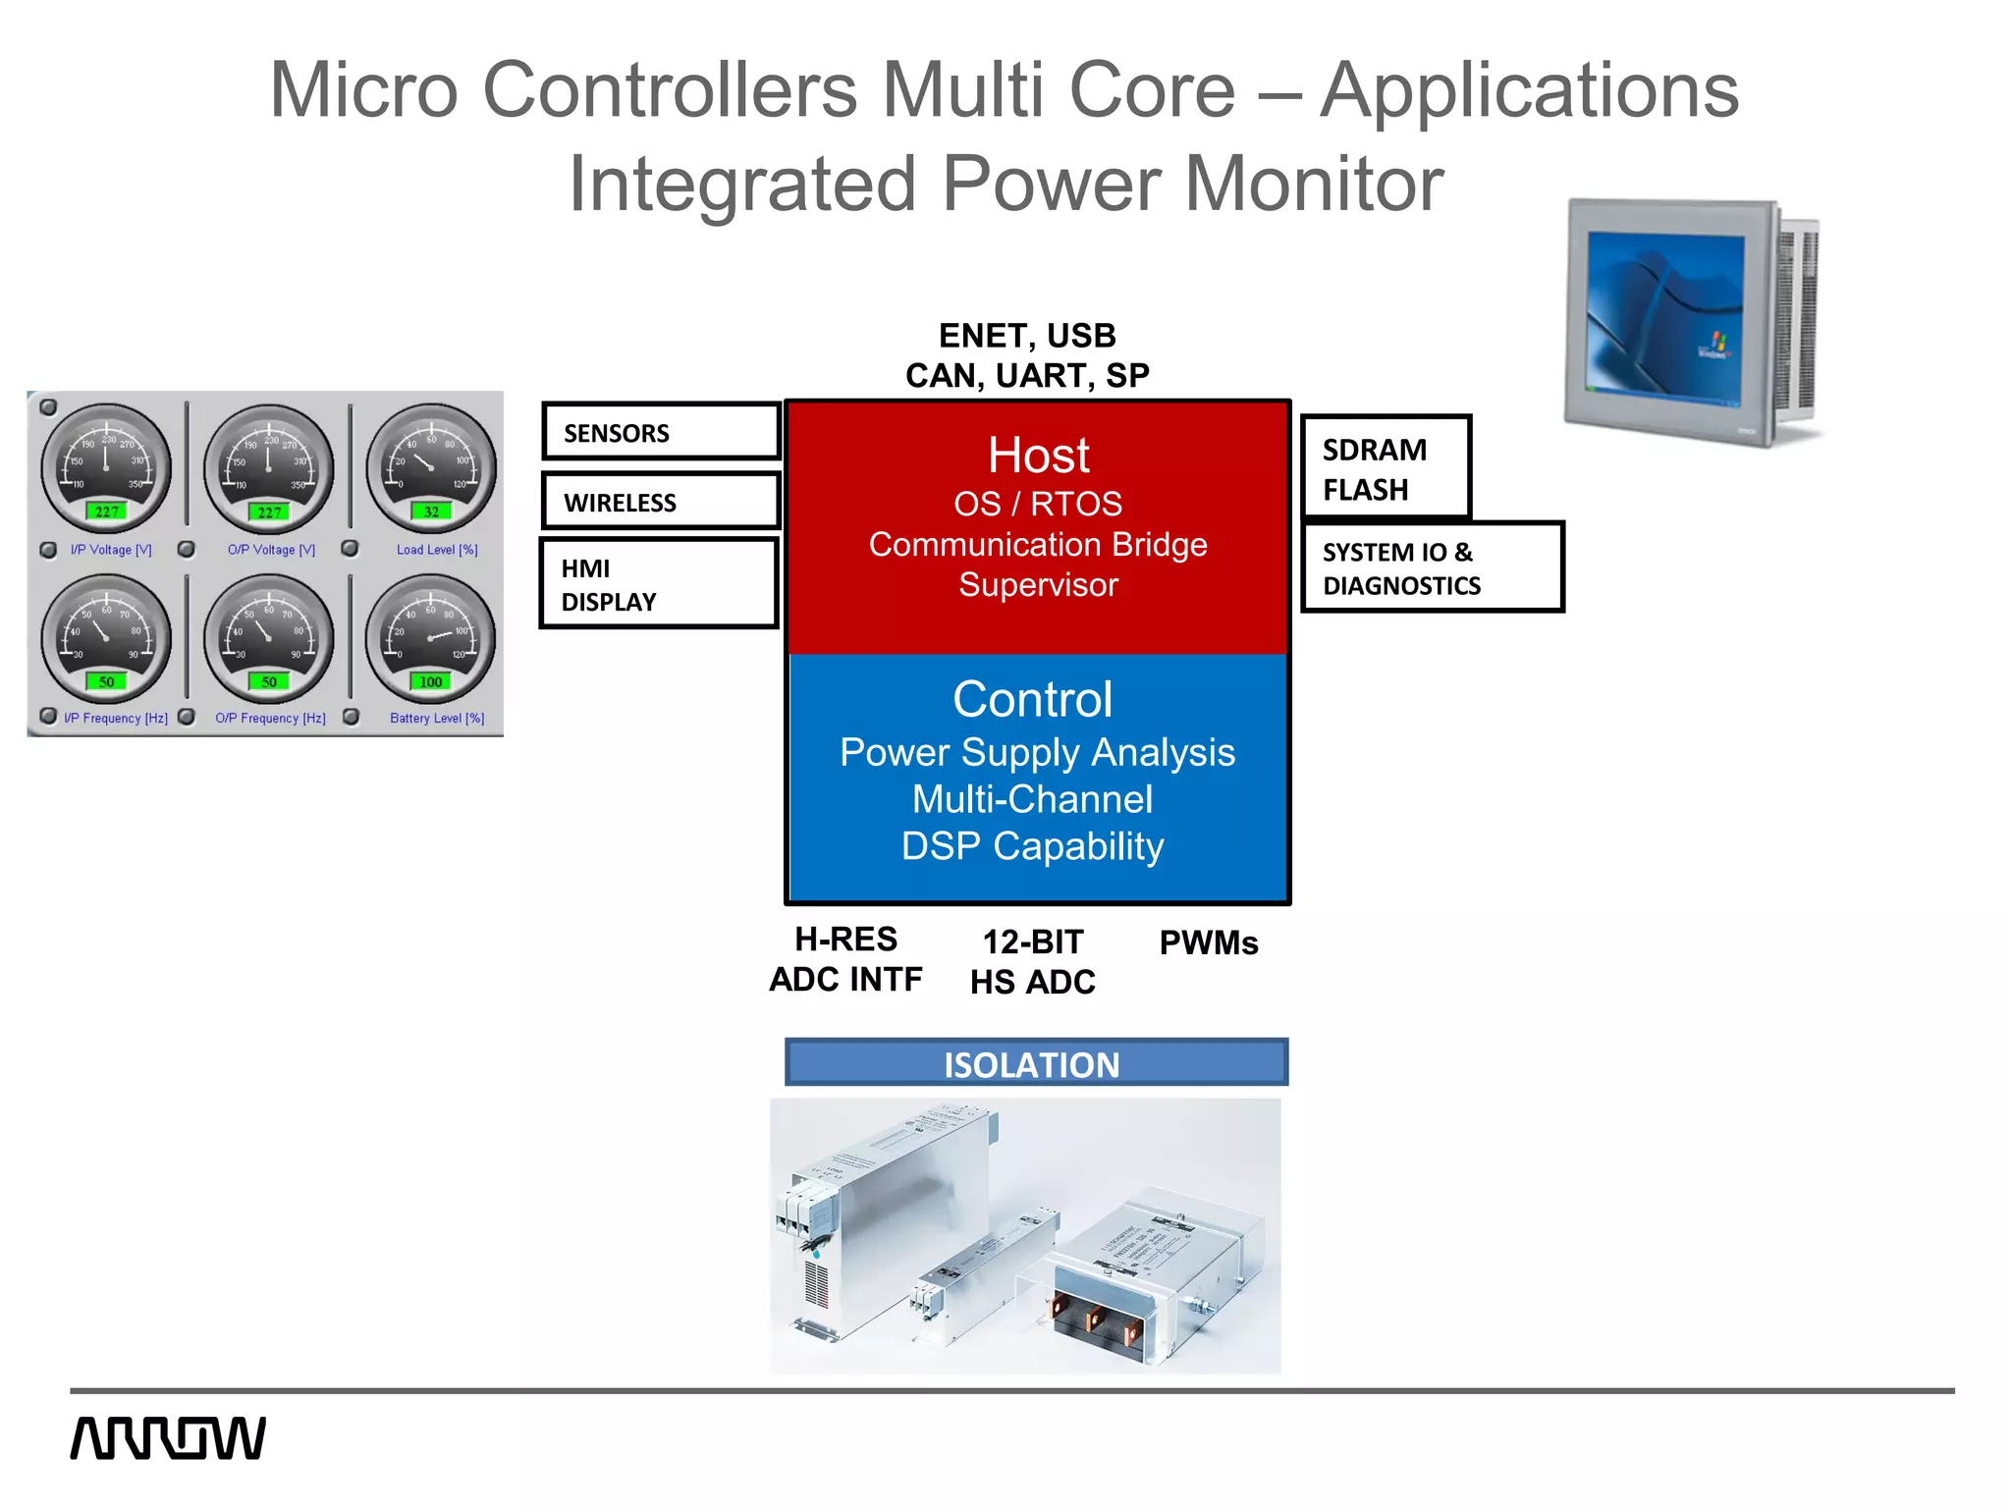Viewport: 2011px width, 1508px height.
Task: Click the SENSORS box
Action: pyautogui.click(x=660, y=432)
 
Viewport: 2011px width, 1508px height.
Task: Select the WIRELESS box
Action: pyautogui.click(x=660, y=502)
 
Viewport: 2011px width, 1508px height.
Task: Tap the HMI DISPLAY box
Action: pyautogui.click(x=658, y=584)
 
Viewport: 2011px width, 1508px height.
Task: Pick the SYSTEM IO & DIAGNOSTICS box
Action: pyautogui.click(x=1432, y=567)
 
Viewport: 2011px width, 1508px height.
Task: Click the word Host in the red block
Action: pyautogui.click(x=1038, y=456)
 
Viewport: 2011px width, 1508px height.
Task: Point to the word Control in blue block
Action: pyautogui.click(x=1033, y=700)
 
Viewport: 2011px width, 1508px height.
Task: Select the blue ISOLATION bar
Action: pyautogui.click(x=1036, y=1063)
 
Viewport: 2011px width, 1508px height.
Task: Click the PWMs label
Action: pyautogui.click(x=1208, y=942)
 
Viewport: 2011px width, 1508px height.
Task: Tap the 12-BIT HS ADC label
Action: pyautogui.click(x=1033, y=961)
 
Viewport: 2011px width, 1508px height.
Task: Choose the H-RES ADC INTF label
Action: pyautogui.click(x=845, y=959)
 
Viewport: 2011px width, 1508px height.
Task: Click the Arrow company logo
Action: pyautogui.click(x=168, y=1438)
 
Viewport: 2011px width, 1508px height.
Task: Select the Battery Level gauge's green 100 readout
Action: pyautogui.click(x=431, y=681)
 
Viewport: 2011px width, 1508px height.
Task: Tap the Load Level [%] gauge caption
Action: pyautogui.click(x=437, y=550)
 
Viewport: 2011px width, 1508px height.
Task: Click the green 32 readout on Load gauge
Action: pyautogui.click(x=431, y=512)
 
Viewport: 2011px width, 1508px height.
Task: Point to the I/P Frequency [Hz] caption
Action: pyautogui.click(x=116, y=719)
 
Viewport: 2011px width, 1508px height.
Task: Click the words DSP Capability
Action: pyautogui.click(x=1033, y=846)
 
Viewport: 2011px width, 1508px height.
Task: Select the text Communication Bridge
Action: pyautogui.click(x=1038, y=545)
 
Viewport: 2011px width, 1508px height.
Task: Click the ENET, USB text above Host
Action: pyautogui.click(x=1027, y=336)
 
